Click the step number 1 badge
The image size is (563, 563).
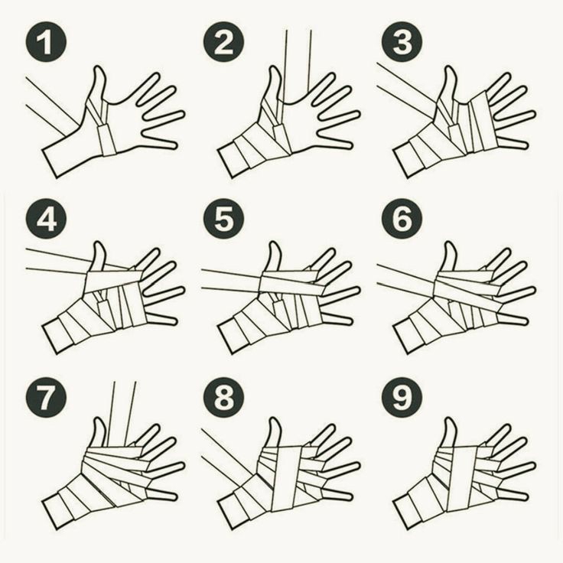(x=46, y=42)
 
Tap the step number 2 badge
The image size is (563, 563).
(x=223, y=42)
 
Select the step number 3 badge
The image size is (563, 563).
(x=402, y=42)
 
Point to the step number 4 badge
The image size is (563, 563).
(x=46, y=218)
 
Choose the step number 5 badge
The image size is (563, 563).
(x=223, y=218)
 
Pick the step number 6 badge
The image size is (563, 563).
(x=402, y=218)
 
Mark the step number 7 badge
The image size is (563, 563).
(x=46, y=397)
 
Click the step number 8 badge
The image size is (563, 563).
(x=223, y=397)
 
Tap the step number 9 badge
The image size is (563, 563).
(x=402, y=397)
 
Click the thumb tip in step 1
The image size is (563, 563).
(x=99, y=67)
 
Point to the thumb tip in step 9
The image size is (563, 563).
(x=449, y=419)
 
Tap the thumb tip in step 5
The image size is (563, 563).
(x=275, y=244)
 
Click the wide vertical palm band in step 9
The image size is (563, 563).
(x=463, y=477)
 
